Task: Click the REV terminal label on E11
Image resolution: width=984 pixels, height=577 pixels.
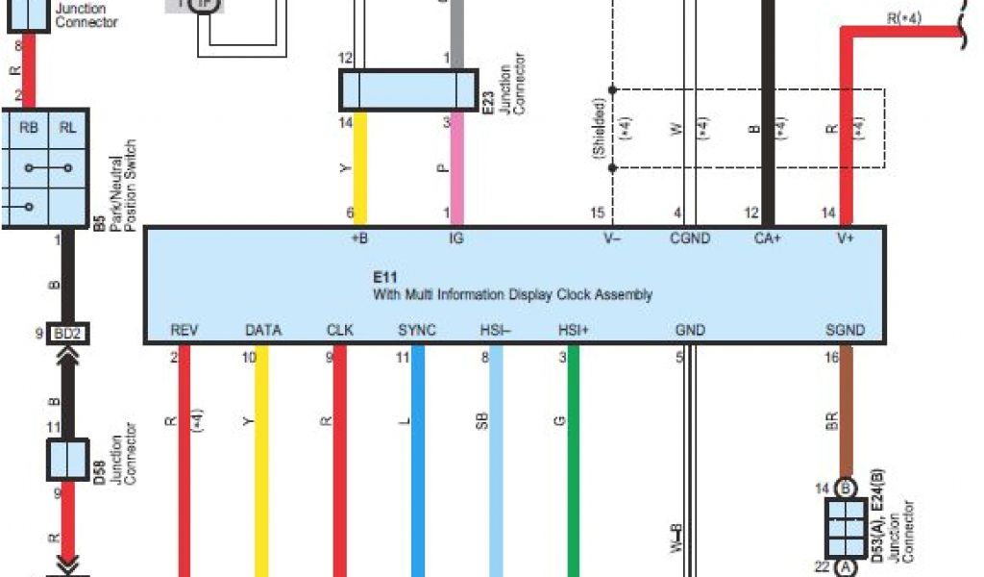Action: pyautogui.click(x=184, y=330)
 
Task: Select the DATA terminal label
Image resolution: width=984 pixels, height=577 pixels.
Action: pyautogui.click(x=263, y=330)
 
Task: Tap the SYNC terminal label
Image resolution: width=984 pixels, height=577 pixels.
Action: pyautogui.click(x=417, y=330)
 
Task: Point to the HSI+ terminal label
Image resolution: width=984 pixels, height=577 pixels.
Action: pyautogui.click(x=574, y=330)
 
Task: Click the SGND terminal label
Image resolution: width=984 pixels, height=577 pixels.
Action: pyautogui.click(x=845, y=330)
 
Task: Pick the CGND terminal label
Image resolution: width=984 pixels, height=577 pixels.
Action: pyautogui.click(x=690, y=238)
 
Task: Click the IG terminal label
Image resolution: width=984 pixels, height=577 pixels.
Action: pyautogui.click(x=455, y=238)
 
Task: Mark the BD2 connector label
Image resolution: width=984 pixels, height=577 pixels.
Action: pyautogui.click(x=67, y=335)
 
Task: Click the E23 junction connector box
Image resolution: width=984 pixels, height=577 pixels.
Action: pyautogui.click(x=408, y=89)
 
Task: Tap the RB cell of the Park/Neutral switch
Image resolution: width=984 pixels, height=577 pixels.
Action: pyautogui.click(x=29, y=128)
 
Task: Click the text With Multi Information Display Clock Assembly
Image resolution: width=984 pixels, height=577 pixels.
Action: pyautogui.click(x=512, y=294)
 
